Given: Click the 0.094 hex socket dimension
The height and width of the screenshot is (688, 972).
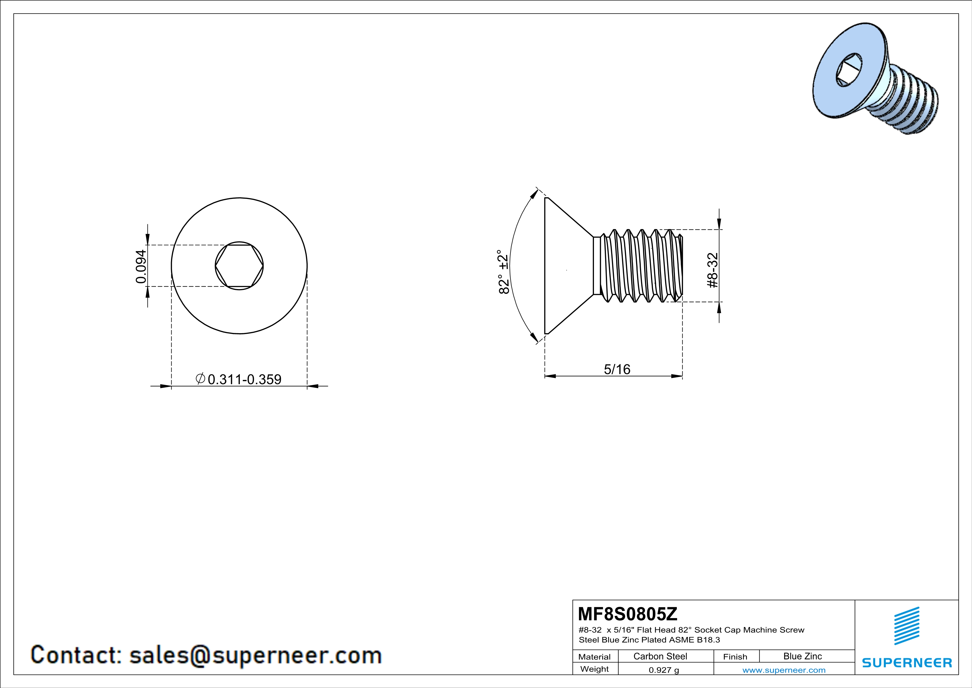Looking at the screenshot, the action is (x=141, y=266).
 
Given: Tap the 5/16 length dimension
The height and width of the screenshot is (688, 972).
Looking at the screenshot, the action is (x=617, y=370).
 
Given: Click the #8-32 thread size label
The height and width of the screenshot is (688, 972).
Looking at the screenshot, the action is (x=713, y=270).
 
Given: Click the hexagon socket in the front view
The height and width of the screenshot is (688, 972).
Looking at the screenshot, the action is (x=239, y=266).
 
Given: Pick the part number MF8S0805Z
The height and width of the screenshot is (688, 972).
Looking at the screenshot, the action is (x=627, y=613).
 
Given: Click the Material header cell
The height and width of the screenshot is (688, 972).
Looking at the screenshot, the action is (x=595, y=657).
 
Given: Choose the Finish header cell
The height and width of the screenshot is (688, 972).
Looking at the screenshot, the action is (x=735, y=657).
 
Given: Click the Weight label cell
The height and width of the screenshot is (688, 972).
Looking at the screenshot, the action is (x=595, y=669).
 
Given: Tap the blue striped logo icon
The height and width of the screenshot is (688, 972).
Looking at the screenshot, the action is (x=907, y=626).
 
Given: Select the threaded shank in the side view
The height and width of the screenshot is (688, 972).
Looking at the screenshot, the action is (x=638, y=265).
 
